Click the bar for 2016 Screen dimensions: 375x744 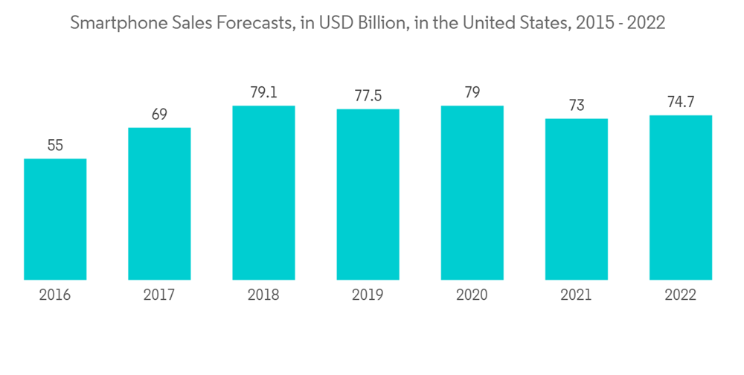pos(55,219)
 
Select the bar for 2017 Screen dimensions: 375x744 pos(159,203)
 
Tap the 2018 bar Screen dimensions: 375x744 pos(263,192)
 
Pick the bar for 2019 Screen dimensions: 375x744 pos(368,194)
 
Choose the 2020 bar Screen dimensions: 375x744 pos(472,192)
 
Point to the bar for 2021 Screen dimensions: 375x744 pos(576,199)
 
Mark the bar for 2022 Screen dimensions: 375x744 pos(680,197)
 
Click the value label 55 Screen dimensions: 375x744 pos(55,146)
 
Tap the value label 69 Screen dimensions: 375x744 pos(159,115)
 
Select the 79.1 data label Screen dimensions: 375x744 pos(263,93)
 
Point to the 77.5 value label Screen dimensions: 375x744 pos(368,97)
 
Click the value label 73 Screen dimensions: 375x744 pos(576,106)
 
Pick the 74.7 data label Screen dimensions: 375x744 pos(680,103)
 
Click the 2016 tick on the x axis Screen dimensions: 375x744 pos(55,295)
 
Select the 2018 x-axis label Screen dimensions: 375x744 pos(263,295)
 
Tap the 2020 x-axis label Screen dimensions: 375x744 pos(472,295)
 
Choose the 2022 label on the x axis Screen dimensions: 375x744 pos(680,295)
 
